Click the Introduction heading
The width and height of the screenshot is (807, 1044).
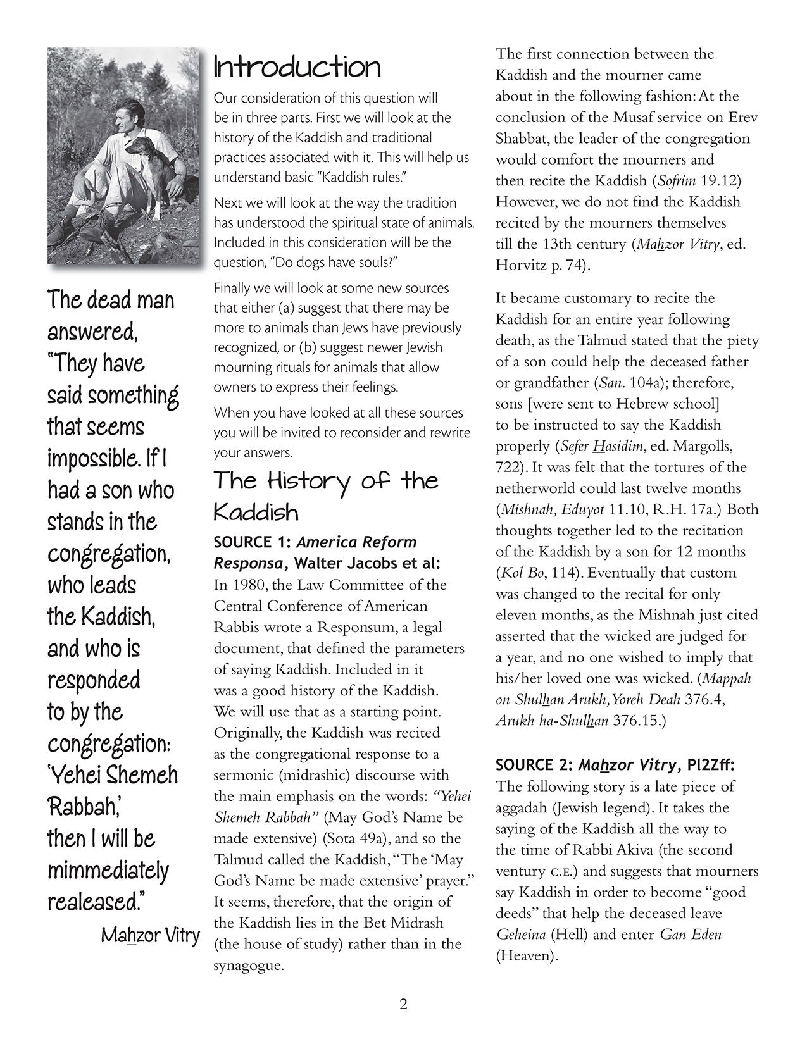(297, 68)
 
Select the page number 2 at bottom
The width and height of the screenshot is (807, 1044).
(403, 1004)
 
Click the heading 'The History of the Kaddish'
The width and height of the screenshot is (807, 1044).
(325, 495)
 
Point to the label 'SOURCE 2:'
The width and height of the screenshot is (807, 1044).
(532, 765)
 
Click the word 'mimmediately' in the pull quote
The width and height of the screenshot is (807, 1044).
(108, 870)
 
